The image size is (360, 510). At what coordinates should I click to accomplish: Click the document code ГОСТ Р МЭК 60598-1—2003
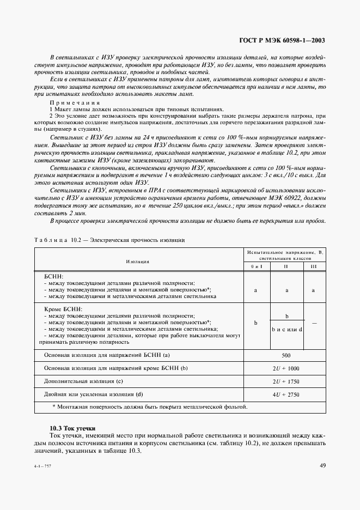tap(283, 40)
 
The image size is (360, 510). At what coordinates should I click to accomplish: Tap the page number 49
tap(322, 465)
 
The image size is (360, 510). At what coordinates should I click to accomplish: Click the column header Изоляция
tap(138, 261)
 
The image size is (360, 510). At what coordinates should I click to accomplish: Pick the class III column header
tap(313, 267)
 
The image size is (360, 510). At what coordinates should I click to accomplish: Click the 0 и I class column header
tap(256, 267)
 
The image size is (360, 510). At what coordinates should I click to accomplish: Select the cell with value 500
tap(285, 356)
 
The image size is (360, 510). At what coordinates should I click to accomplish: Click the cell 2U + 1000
tap(285, 369)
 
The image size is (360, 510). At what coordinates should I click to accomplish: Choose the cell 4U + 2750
tap(285, 393)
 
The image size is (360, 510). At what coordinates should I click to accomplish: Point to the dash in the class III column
tap(313, 323)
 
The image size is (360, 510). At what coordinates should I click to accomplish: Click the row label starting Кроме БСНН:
tap(59, 309)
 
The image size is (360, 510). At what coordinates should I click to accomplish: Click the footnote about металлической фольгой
tap(150, 406)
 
